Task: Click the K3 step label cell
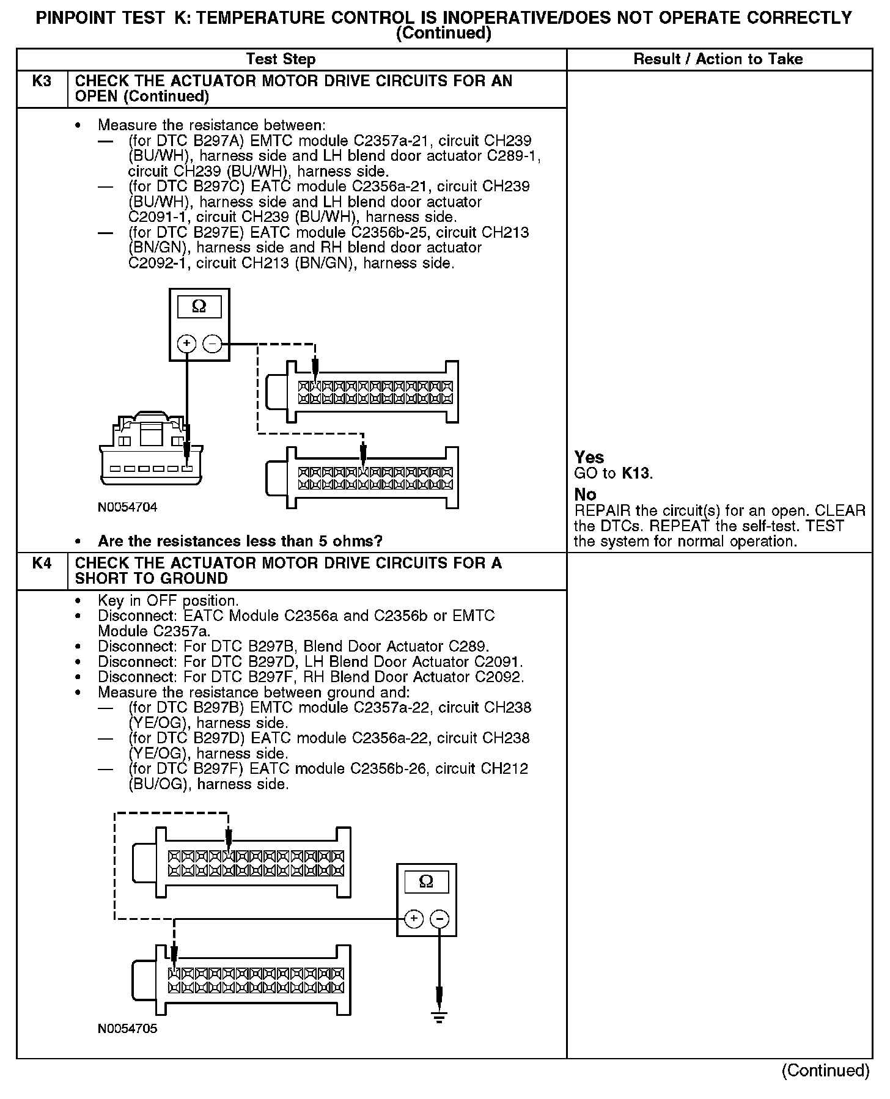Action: (x=42, y=81)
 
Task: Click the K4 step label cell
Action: (x=42, y=563)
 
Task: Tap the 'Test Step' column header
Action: (x=281, y=59)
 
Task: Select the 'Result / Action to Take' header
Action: (x=718, y=59)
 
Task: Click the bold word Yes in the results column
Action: (x=589, y=457)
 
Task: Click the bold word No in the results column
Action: (x=585, y=494)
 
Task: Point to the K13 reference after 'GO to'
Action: (x=636, y=473)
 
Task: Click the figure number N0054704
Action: (x=127, y=507)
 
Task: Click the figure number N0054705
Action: (x=127, y=1029)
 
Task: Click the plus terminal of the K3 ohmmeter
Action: (x=186, y=344)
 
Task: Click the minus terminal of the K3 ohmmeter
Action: (x=212, y=344)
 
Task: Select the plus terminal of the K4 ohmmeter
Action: (x=414, y=919)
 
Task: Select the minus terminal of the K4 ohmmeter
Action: (x=439, y=919)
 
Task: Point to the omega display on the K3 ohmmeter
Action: (x=199, y=307)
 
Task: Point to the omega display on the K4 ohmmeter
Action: (x=427, y=881)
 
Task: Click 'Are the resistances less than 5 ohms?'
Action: (x=240, y=542)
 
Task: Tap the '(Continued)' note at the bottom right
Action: (x=825, y=1070)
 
